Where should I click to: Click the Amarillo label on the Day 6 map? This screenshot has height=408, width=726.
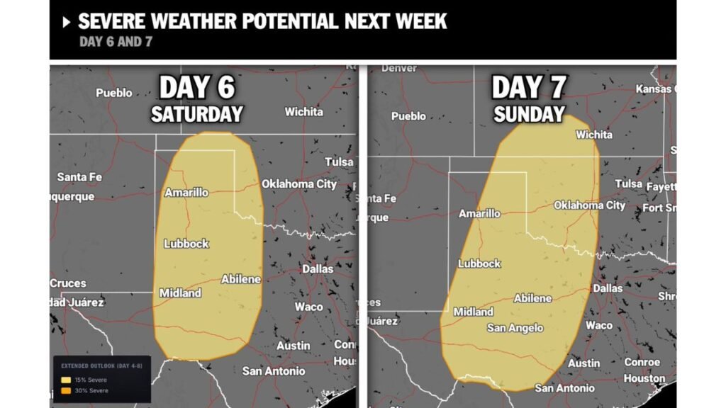pyautogui.click(x=186, y=193)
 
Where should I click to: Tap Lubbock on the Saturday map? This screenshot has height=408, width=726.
pyautogui.click(x=186, y=244)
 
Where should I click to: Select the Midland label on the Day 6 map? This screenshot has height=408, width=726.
pyautogui.click(x=180, y=293)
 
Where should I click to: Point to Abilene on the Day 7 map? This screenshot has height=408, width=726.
pyautogui.click(x=532, y=298)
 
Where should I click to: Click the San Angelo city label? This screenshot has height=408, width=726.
pyautogui.click(x=515, y=328)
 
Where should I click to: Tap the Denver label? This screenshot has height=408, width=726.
pyautogui.click(x=399, y=68)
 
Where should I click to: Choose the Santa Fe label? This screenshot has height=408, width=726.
pyautogui.click(x=79, y=176)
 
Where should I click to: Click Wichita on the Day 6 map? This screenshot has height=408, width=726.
pyautogui.click(x=303, y=112)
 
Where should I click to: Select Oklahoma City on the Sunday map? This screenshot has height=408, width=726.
pyautogui.click(x=589, y=205)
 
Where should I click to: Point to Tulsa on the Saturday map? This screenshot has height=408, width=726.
pyautogui.click(x=339, y=162)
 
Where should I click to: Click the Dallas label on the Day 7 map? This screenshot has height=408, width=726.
pyautogui.click(x=608, y=288)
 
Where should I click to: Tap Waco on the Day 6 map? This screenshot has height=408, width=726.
pyautogui.click(x=309, y=307)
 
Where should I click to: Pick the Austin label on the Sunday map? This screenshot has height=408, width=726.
pyautogui.click(x=583, y=363)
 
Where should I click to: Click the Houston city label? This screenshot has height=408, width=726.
pyautogui.click(x=644, y=379)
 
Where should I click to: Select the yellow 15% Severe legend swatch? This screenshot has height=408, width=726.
pyautogui.click(x=66, y=380)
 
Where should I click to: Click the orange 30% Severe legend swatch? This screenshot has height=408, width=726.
pyautogui.click(x=66, y=390)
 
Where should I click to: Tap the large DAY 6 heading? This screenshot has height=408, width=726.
pyautogui.click(x=196, y=88)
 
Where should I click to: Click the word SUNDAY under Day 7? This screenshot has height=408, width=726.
pyautogui.click(x=529, y=114)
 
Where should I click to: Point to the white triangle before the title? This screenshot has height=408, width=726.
pyautogui.click(x=67, y=22)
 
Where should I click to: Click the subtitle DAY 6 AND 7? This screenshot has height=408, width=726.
pyautogui.click(x=116, y=42)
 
